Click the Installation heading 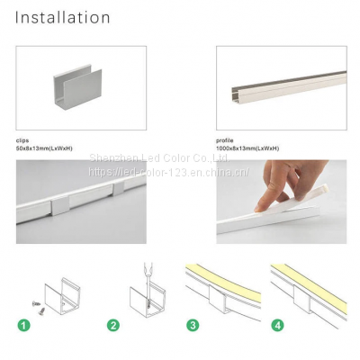click(63, 18)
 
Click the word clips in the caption click(22, 141)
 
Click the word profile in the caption click(225, 141)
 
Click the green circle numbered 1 click(25, 325)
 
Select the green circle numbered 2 click(112, 325)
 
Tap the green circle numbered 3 click(192, 325)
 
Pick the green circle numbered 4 click(278, 325)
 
